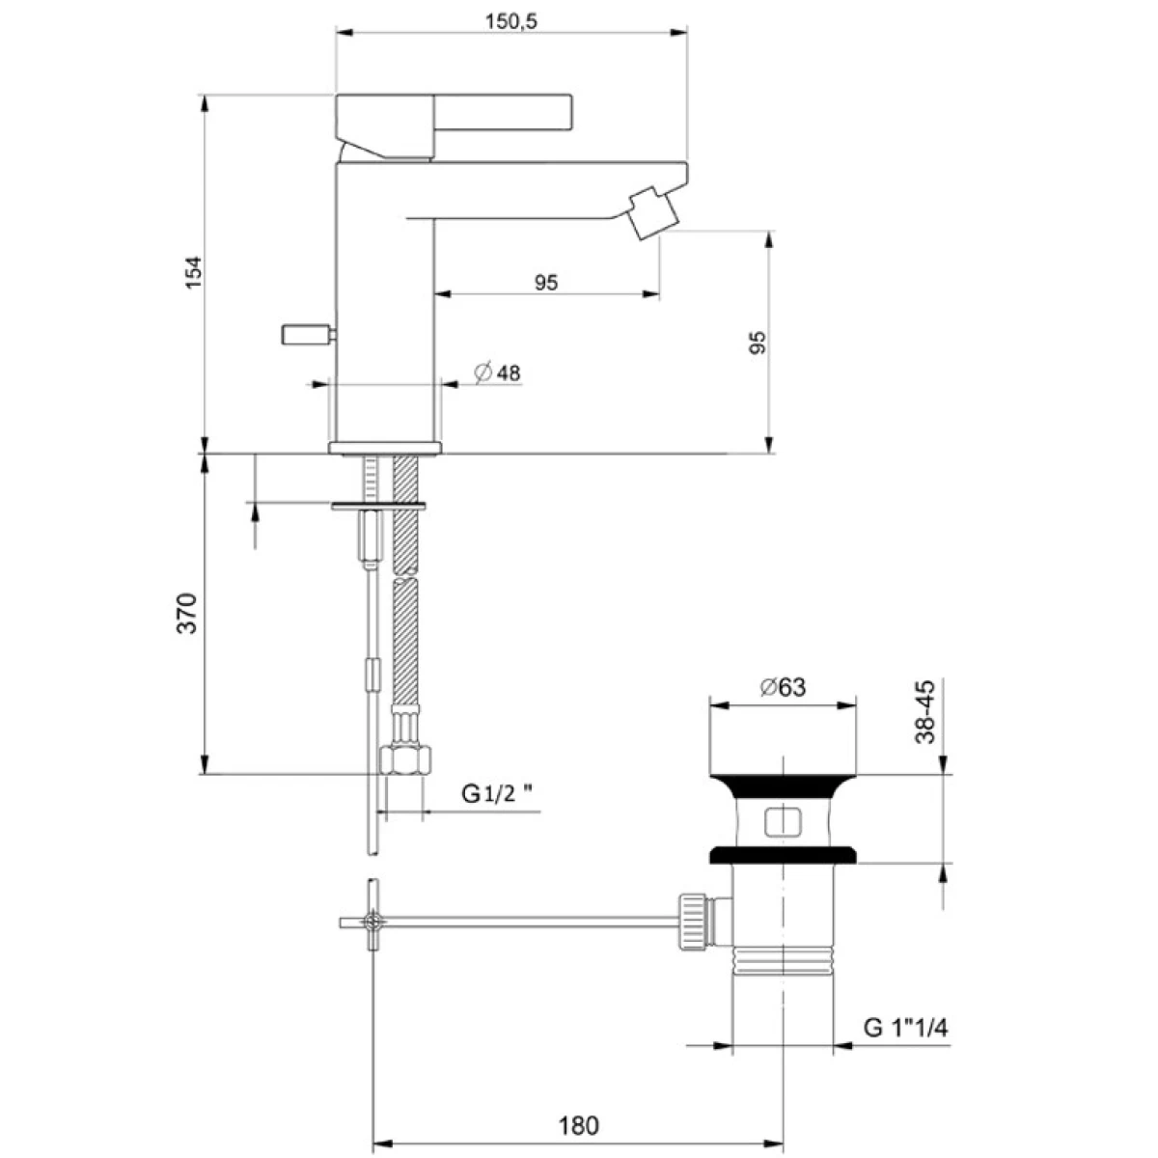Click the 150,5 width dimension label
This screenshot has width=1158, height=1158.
tap(510, 21)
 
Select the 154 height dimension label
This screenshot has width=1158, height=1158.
tap(194, 272)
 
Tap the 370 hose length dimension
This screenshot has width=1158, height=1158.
tap(187, 613)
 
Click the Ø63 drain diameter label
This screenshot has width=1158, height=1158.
tap(783, 687)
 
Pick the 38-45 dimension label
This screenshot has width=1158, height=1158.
tap(925, 711)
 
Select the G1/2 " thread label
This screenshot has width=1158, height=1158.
tap(496, 794)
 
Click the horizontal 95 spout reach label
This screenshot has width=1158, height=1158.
tap(546, 282)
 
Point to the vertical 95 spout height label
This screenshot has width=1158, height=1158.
tap(758, 342)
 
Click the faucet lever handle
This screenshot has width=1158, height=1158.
tap(454, 126)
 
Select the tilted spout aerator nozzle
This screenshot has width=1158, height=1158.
tap(653, 212)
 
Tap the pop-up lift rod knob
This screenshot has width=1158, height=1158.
tap(308, 334)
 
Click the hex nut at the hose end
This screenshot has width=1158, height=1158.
tap(405, 759)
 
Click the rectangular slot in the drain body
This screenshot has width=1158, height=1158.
tap(783, 822)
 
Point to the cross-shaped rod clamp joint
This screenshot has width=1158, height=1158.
tap(372, 922)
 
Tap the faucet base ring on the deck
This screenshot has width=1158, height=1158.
tap(385, 448)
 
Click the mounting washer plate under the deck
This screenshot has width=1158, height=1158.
tap(378, 506)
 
